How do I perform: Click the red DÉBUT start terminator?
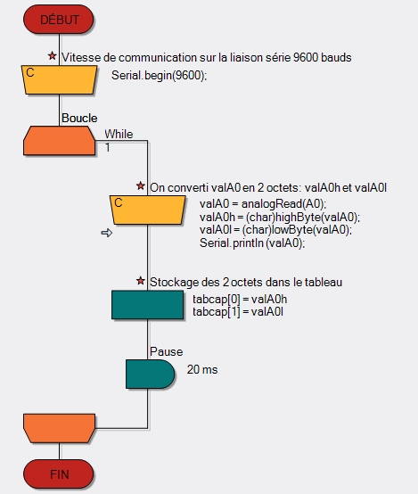(59, 20)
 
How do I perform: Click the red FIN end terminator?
(59, 473)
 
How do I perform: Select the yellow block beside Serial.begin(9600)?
(59, 79)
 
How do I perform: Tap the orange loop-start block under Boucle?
(59, 141)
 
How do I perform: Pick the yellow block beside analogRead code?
(147, 210)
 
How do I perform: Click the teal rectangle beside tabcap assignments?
(147, 305)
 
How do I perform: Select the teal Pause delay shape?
(150, 374)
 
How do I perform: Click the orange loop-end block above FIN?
(59, 428)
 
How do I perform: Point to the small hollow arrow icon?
(107, 233)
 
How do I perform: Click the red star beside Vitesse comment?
(53, 56)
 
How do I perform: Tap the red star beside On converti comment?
(141, 185)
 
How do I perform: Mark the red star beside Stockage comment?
(141, 280)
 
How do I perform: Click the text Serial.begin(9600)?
(159, 76)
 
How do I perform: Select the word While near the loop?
(119, 135)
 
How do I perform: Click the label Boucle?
(79, 118)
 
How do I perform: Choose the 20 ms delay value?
(202, 369)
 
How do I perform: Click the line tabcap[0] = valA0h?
(240, 299)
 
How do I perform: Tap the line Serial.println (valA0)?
(252, 243)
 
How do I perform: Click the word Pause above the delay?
(167, 351)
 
